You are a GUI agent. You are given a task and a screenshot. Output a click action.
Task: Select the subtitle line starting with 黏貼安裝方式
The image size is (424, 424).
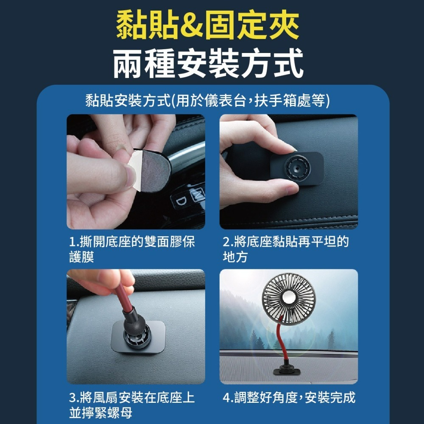click(x=208, y=101)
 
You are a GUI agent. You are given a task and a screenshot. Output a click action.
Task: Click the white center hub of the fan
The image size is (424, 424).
click(x=288, y=298)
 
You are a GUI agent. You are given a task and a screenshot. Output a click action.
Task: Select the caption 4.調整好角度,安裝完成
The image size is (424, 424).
click(x=288, y=398)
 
